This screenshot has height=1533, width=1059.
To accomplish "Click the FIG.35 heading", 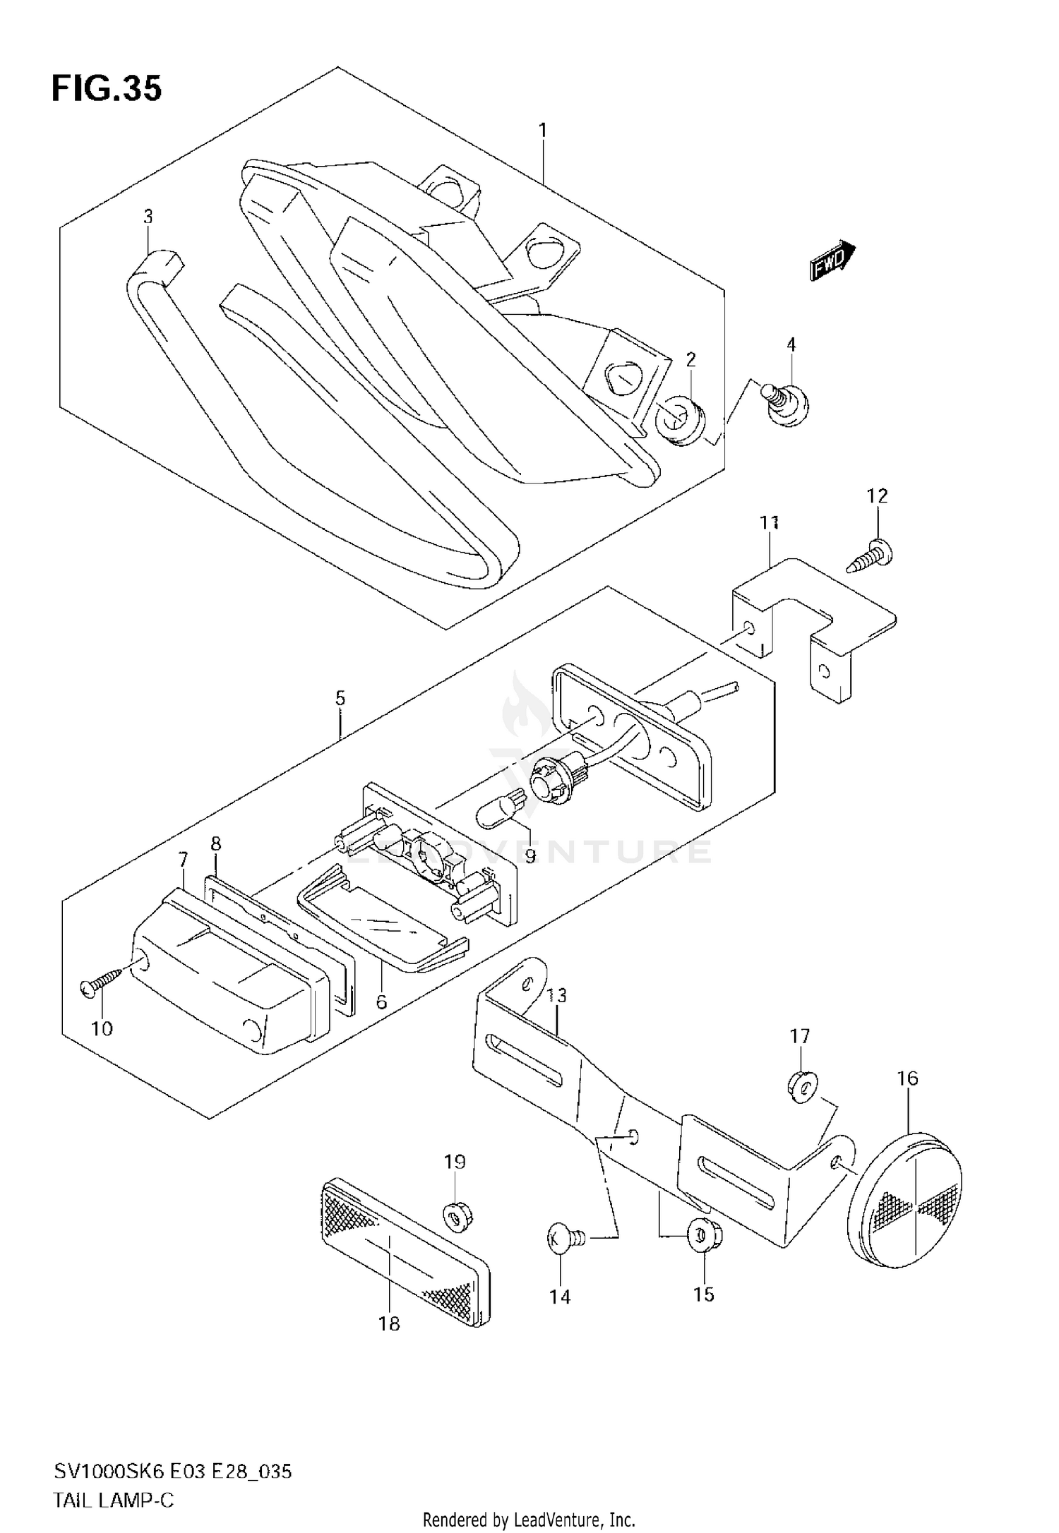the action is [x=107, y=89].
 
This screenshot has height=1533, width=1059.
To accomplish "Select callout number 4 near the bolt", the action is [x=791, y=344].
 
